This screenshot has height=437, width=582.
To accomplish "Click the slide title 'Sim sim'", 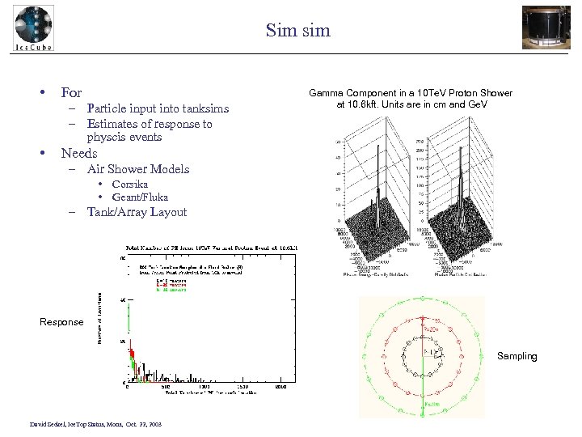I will click(x=298, y=31).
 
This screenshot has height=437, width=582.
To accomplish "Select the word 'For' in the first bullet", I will click(x=71, y=93).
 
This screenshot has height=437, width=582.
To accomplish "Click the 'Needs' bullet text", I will click(x=79, y=153).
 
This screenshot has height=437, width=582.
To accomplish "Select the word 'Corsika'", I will click(x=130, y=184).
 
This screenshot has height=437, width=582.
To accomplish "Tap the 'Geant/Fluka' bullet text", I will click(x=141, y=197).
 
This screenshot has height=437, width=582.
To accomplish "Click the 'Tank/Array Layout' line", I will click(x=137, y=212).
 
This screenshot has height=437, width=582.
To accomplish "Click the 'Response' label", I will click(x=61, y=322).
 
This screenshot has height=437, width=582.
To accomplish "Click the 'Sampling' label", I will click(x=517, y=356).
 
